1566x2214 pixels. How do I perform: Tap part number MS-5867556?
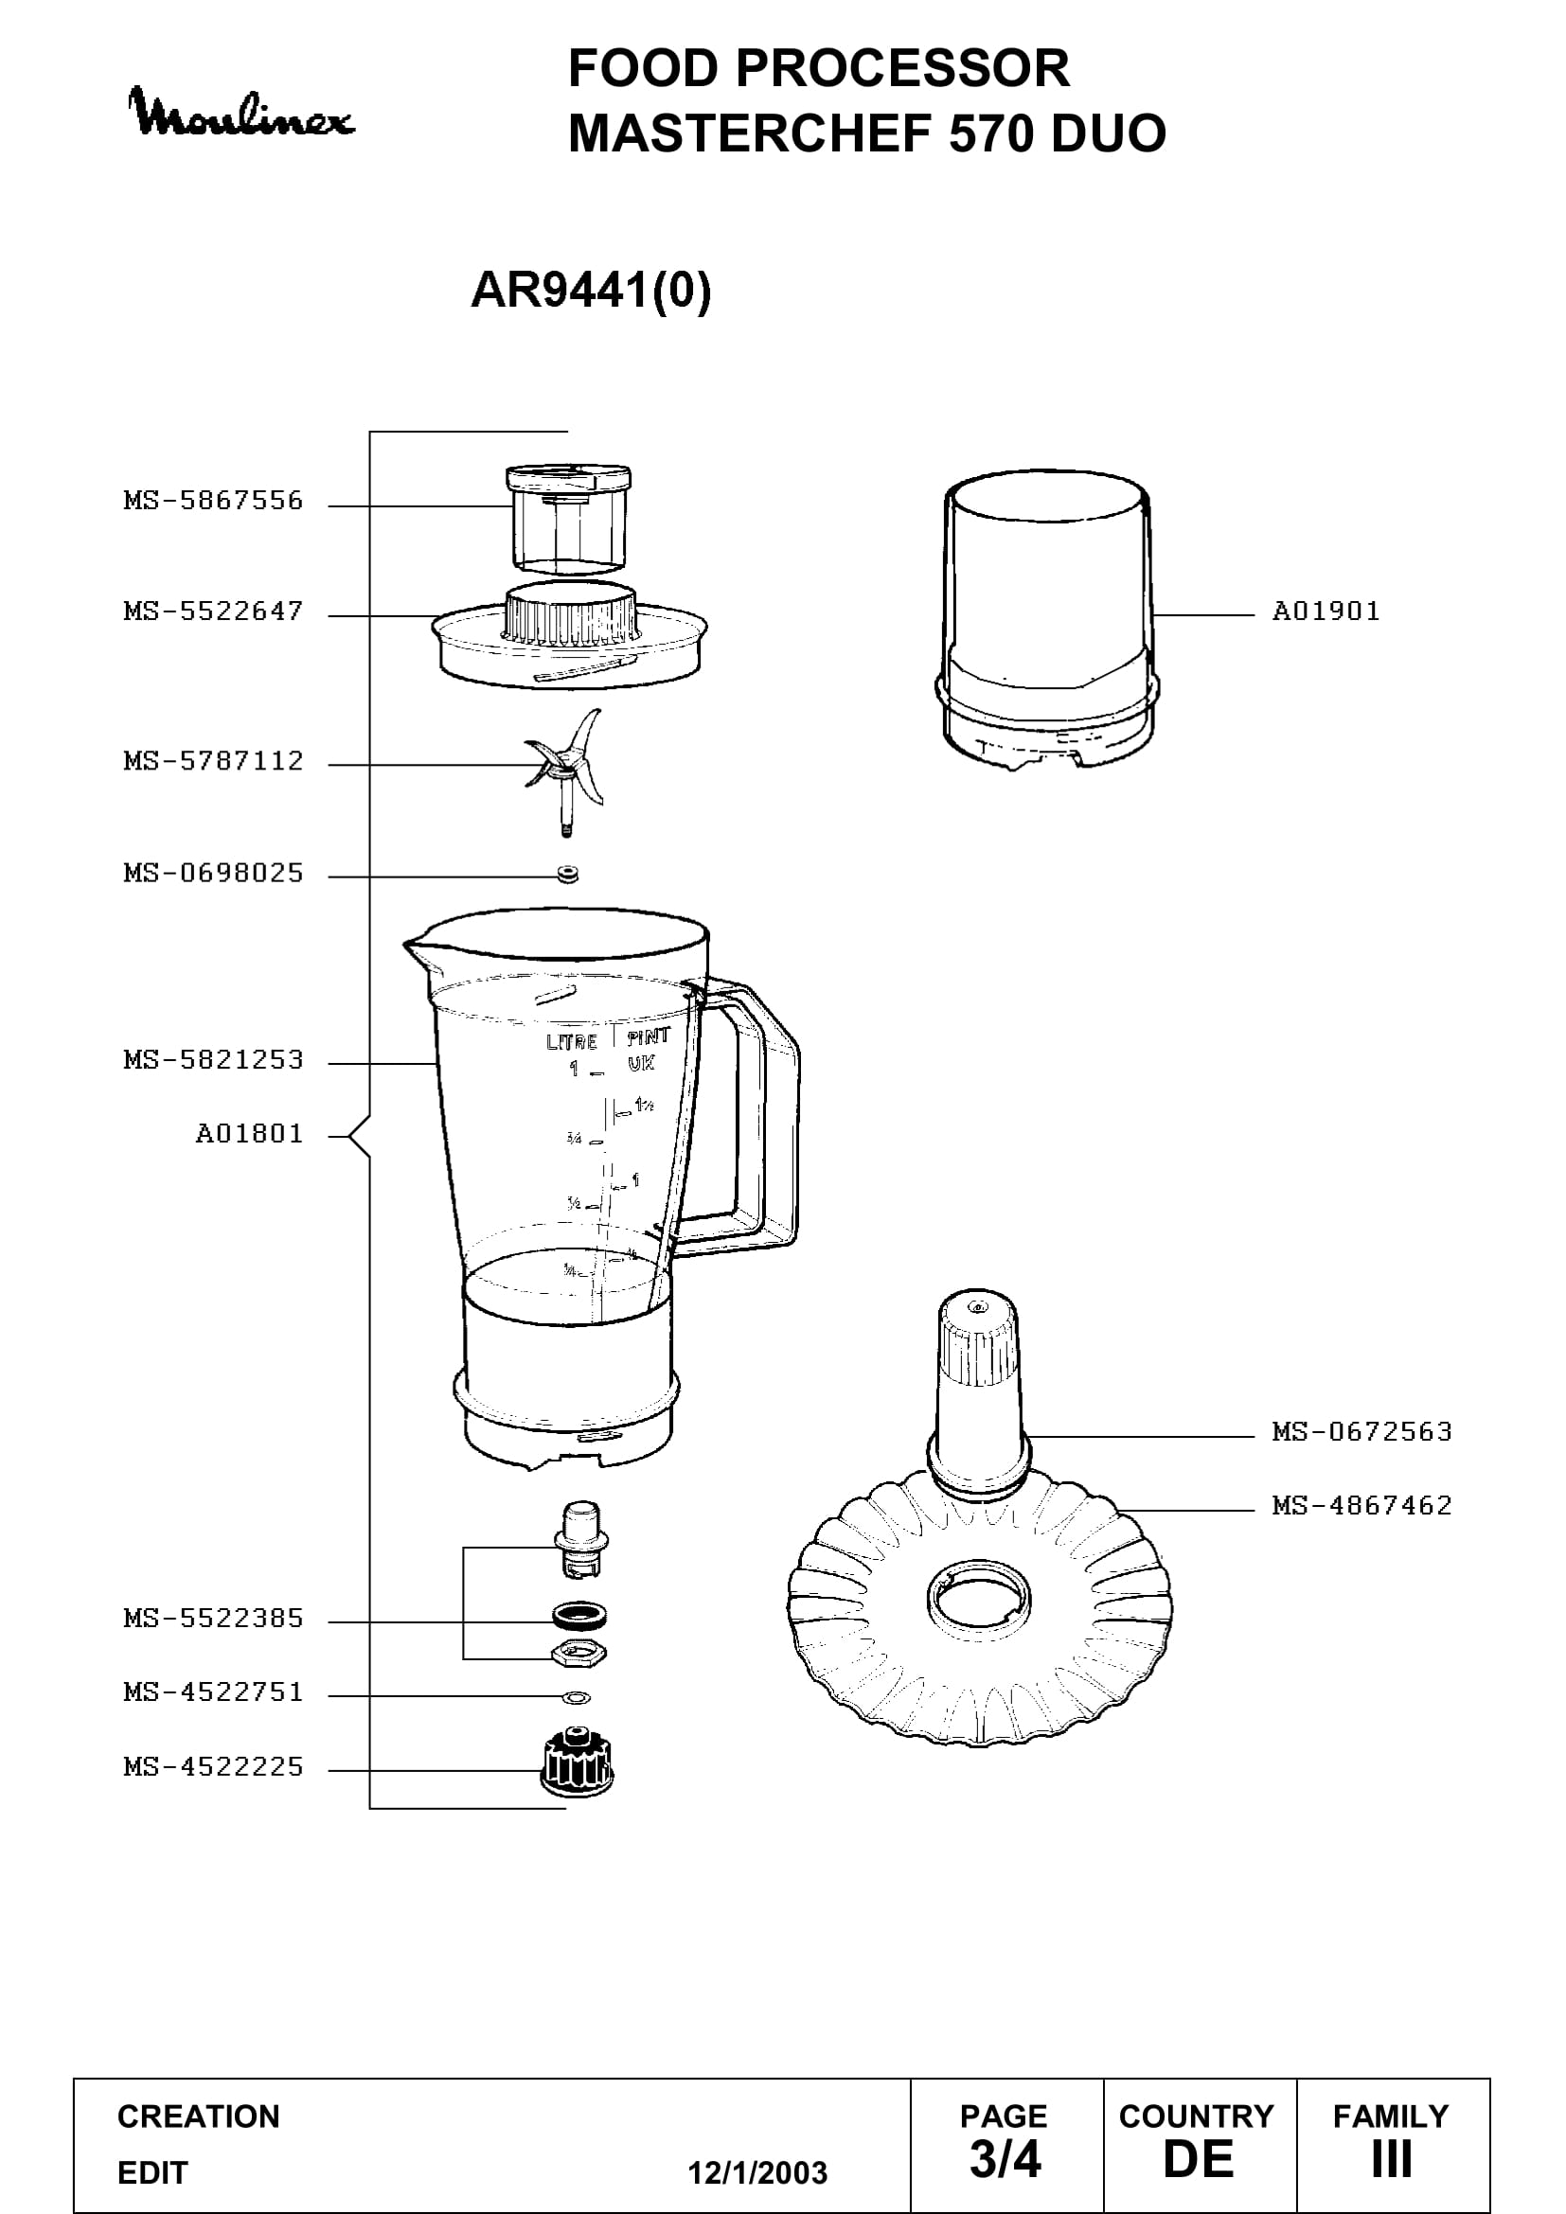click(213, 501)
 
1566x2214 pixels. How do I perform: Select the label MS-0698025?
click(213, 874)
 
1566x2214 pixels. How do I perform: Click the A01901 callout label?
click(1326, 611)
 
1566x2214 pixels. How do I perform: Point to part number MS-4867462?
click(1361, 1505)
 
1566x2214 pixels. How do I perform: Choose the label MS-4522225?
click(213, 1766)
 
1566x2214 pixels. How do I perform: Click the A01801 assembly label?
click(250, 1134)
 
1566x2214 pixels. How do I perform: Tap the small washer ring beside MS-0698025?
click(567, 875)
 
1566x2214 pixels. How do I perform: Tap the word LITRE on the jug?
click(572, 1041)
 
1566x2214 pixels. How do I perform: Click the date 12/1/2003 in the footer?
click(757, 2172)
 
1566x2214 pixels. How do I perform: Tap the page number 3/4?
click(1005, 2159)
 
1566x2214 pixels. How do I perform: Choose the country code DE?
click(1198, 2159)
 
